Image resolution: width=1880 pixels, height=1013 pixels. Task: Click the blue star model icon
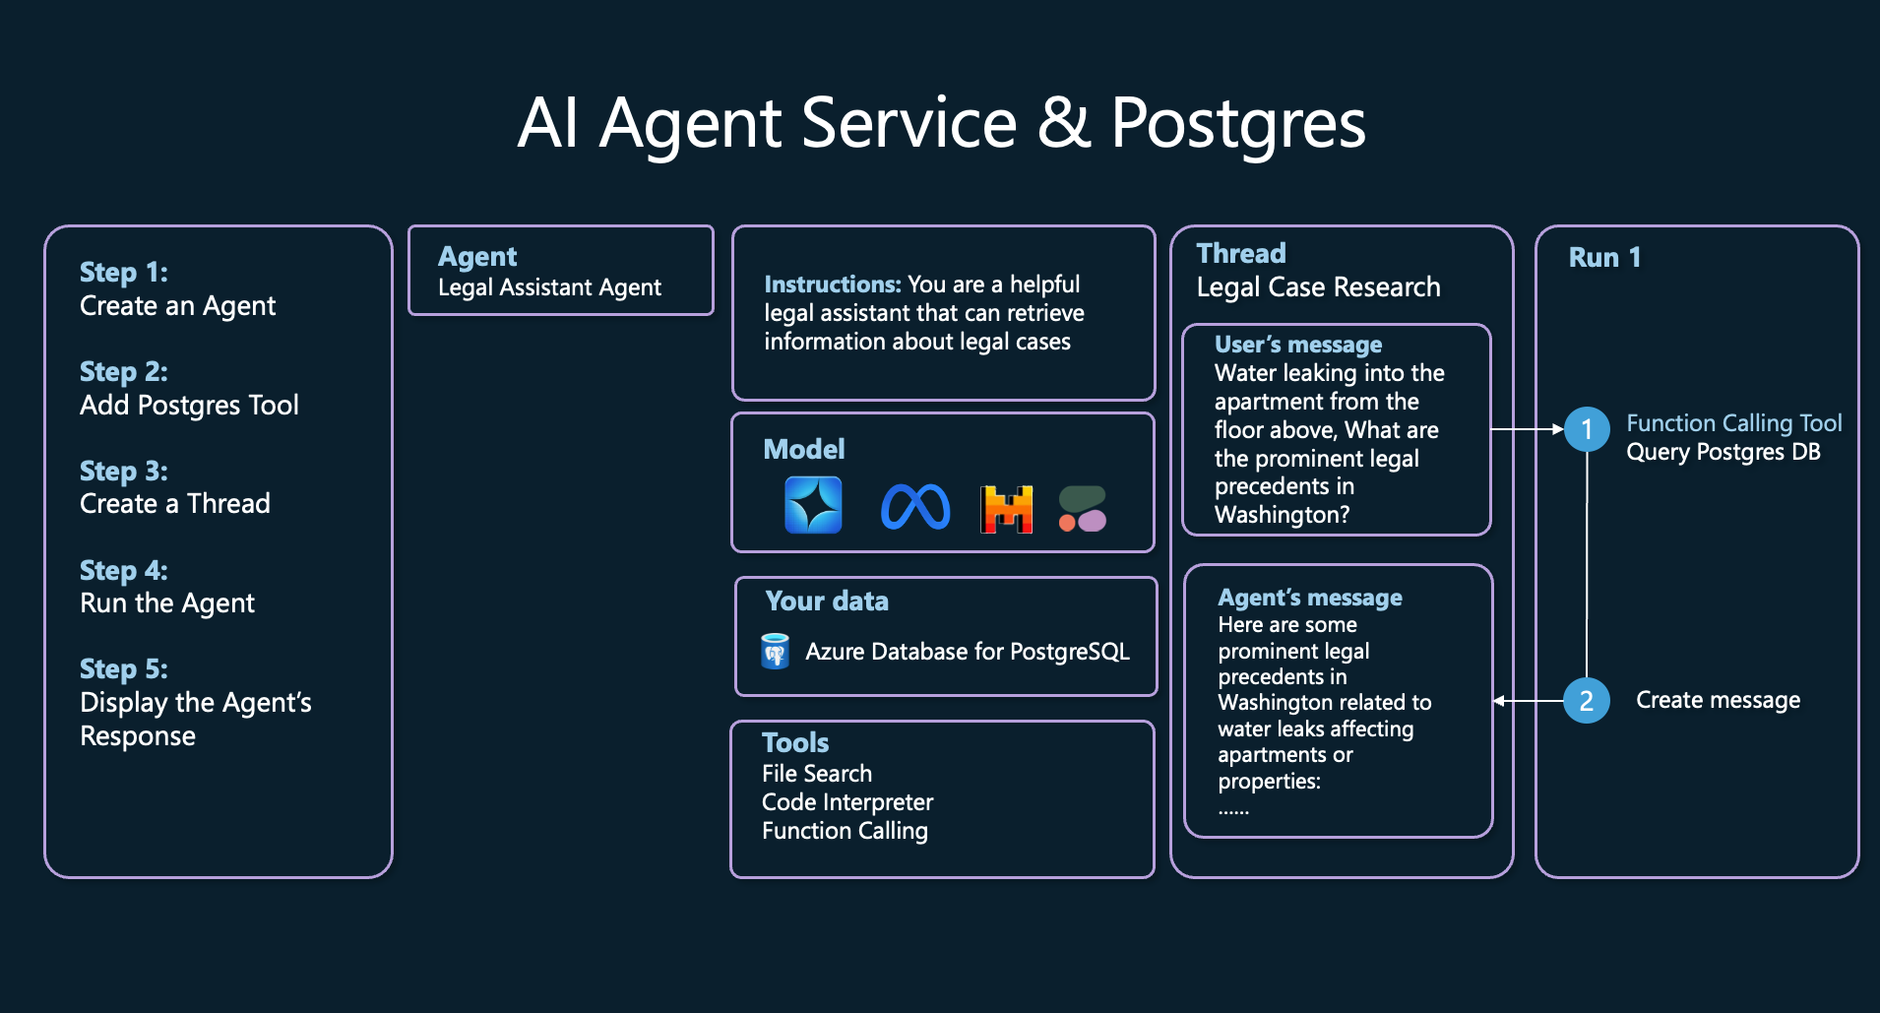click(813, 505)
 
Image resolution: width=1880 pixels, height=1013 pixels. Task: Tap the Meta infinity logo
click(915, 507)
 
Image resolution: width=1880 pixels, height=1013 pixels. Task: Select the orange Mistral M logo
click(1006, 509)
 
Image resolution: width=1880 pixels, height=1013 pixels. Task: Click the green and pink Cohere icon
click(1083, 509)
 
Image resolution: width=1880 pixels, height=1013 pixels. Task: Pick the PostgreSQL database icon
click(776, 652)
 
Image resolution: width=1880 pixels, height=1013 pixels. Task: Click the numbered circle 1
click(1587, 429)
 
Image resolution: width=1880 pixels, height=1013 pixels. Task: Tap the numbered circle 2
click(1587, 701)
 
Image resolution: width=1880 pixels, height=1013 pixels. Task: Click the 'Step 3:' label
click(124, 472)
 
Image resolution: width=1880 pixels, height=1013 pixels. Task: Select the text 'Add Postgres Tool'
click(189, 406)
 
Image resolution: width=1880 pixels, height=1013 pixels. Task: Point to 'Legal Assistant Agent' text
click(549, 287)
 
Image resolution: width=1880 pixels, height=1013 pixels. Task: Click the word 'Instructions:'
click(833, 285)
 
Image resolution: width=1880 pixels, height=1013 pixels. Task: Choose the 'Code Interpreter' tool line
click(847, 802)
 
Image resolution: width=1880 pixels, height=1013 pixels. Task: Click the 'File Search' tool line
click(817, 774)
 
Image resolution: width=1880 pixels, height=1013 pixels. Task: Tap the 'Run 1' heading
click(1604, 258)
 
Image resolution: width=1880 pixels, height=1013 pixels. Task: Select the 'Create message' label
click(1718, 700)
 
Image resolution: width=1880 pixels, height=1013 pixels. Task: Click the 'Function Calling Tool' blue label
click(1733, 423)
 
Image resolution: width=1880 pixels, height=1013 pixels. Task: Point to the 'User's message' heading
click(1298, 345)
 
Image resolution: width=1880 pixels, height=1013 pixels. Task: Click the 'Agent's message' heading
click(1310, 598)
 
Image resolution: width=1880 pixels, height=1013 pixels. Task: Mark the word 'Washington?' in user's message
click(1282, 515)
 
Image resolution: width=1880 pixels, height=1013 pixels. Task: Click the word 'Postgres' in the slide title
click(1238, 124)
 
